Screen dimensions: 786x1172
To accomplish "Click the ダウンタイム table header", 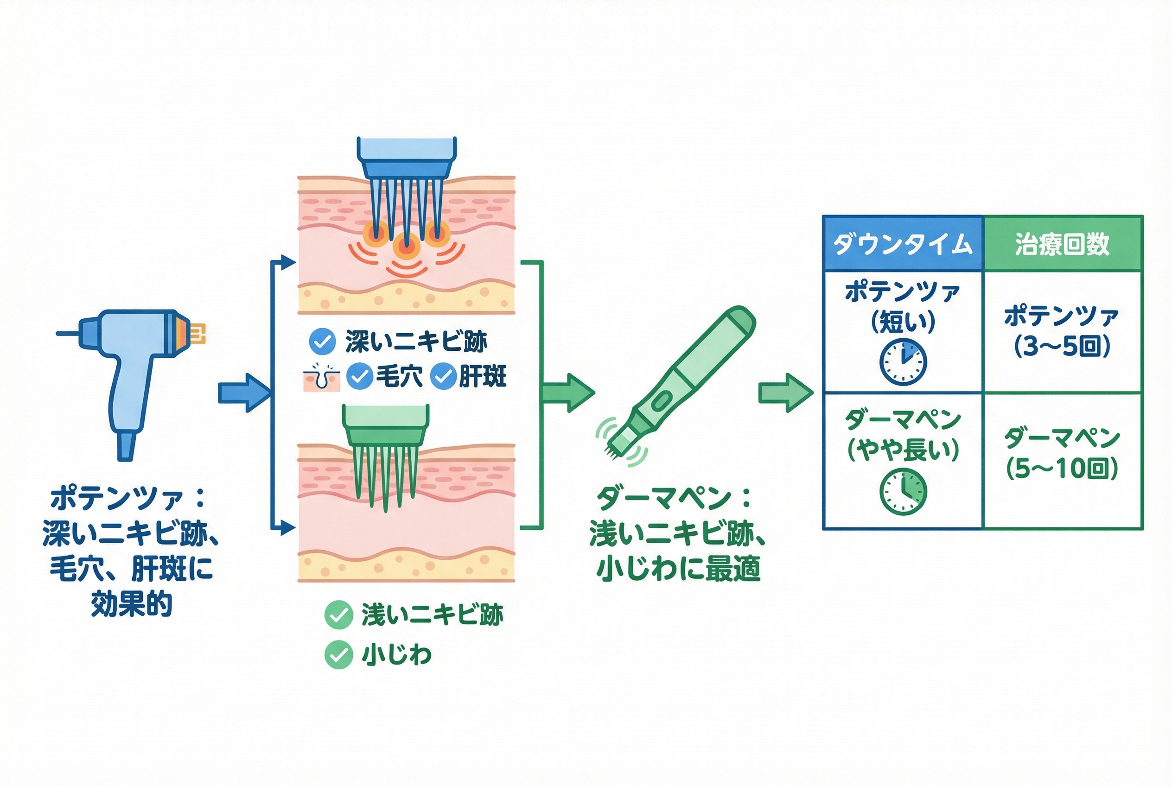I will [x=902, y=244].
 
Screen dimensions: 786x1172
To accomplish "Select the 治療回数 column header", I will [x=1062, y=244].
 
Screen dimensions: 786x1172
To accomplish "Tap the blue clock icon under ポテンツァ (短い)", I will [x=903, y=362].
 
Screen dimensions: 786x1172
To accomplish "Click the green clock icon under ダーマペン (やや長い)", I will [x=903, y=492].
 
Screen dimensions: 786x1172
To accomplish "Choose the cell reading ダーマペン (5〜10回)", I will [x=1062, y=454].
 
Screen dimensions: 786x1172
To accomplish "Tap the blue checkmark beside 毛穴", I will [x=359, y=376].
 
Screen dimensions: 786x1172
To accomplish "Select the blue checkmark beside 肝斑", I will [x=443, y=376].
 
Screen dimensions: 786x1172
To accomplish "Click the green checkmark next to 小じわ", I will [x=338, y=655].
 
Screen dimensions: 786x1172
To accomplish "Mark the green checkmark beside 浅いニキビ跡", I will [x=338, y=615].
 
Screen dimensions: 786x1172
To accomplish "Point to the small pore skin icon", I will [x=321, y=377].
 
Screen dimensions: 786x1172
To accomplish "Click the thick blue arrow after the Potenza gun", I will [x=243, y=393].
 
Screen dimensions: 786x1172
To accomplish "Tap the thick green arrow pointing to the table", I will [x=784, y=393].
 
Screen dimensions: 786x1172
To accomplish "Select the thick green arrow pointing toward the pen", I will [x=567, y=393].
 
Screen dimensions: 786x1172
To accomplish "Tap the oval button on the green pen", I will [x=661, y=400].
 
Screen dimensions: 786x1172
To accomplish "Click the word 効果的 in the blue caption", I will [x=131, y=604].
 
